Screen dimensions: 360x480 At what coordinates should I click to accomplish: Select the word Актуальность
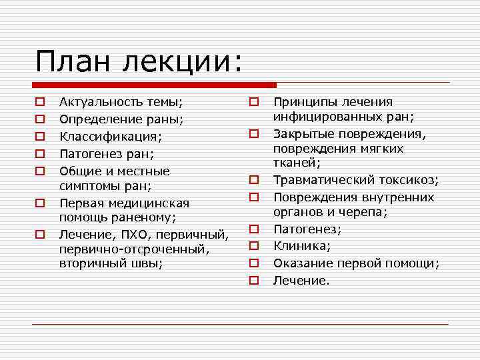100,102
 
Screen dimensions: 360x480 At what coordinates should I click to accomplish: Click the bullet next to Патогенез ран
40,154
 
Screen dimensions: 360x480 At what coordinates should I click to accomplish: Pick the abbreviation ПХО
135,234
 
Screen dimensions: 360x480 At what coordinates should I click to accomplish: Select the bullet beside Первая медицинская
40,202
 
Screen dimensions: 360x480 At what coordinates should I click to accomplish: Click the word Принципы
304,102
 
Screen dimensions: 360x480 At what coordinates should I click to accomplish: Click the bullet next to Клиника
254,247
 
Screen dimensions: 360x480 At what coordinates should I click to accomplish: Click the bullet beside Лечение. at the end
254,281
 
